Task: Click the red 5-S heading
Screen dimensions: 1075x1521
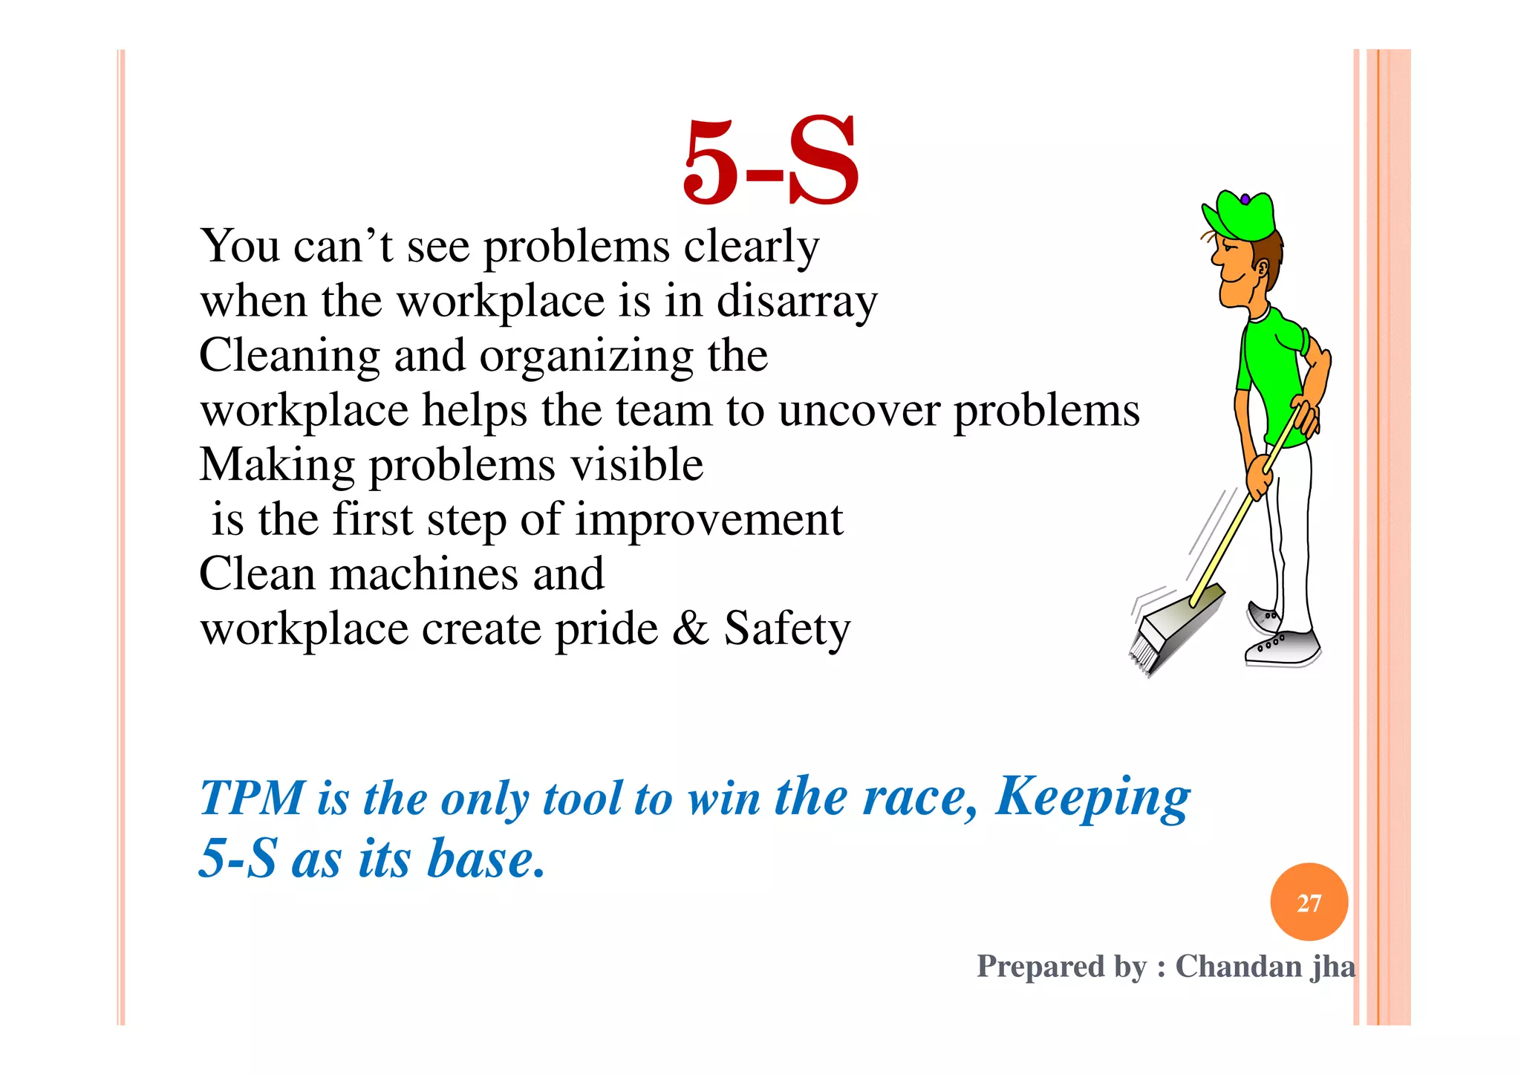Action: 771,162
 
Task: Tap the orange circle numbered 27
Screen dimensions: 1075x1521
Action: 1309,902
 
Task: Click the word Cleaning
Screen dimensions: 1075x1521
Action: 290,357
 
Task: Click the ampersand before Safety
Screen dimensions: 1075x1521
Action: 690,629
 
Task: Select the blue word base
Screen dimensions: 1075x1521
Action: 486,860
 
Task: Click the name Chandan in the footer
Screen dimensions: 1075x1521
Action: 1238,967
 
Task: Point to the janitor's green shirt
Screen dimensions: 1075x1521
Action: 1271,371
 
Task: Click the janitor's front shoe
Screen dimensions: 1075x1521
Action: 1283,647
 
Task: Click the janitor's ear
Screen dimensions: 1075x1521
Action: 1261,268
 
